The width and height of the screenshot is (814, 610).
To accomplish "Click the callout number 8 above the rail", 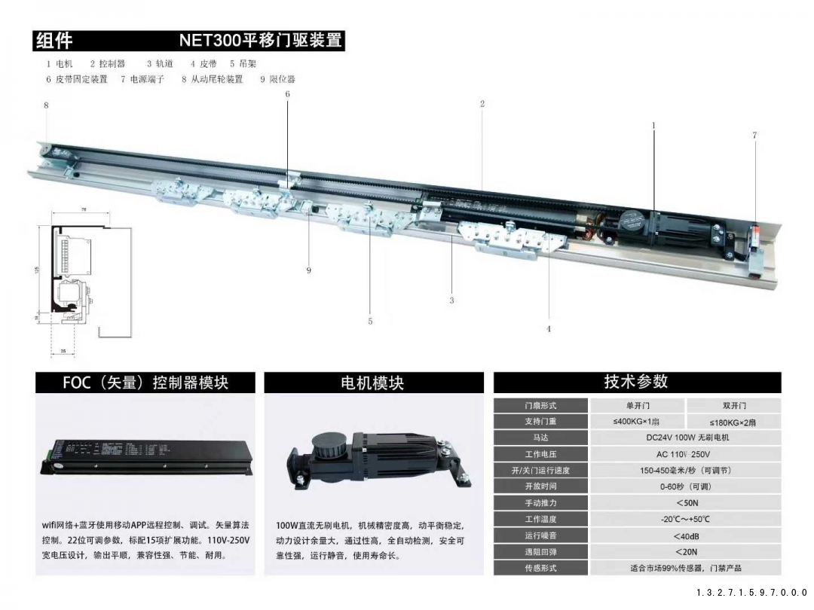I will tap(46, 106).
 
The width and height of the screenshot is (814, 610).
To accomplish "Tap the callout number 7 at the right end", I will tap(754, 136).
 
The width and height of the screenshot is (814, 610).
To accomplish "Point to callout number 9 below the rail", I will tap(308, 270).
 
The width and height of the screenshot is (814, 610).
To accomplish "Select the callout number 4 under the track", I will tap(548, 329).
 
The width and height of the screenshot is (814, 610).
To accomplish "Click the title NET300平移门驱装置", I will tap(261, 41).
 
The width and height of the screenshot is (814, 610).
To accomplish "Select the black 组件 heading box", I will tap(55, 41).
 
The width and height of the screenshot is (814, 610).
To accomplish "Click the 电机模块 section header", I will tap(373, 383).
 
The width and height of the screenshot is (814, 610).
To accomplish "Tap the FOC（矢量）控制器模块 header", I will tap(145, 383).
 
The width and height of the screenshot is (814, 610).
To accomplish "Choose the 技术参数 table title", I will tap(636, 382).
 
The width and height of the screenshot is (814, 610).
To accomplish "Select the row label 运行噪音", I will tap(540, 535).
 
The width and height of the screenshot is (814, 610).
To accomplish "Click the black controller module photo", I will tap(145, 455).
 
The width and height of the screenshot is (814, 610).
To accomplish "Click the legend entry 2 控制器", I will tap(108, 64).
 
